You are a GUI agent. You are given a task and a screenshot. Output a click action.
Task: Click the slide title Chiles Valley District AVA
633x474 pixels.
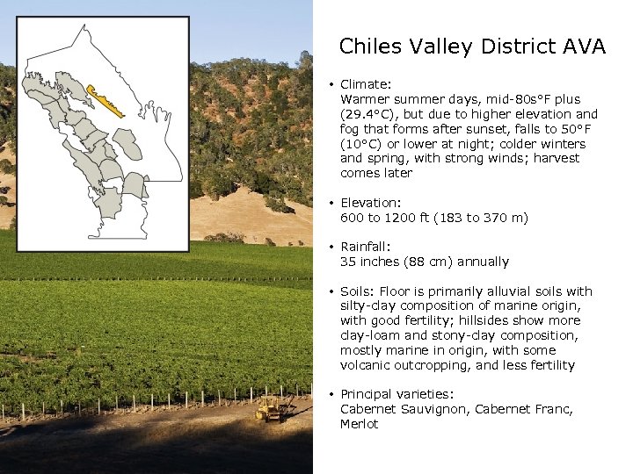coord(472,47)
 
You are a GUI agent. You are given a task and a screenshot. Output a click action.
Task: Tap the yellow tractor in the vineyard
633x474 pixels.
coord(267,408)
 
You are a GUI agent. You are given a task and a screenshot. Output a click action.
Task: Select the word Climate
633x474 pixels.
coord(364,84)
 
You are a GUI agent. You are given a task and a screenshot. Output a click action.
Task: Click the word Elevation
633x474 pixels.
coord(369,202)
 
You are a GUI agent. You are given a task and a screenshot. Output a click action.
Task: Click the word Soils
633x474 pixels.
coord(356,291)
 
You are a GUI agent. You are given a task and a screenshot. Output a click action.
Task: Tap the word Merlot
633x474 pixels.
coord(359,424)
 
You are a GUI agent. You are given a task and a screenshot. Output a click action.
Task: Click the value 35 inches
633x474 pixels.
coord(371,262)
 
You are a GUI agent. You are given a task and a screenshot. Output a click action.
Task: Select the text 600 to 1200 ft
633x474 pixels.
coord(388,217)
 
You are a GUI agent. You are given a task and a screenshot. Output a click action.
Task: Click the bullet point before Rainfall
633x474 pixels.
coord(331,247)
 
